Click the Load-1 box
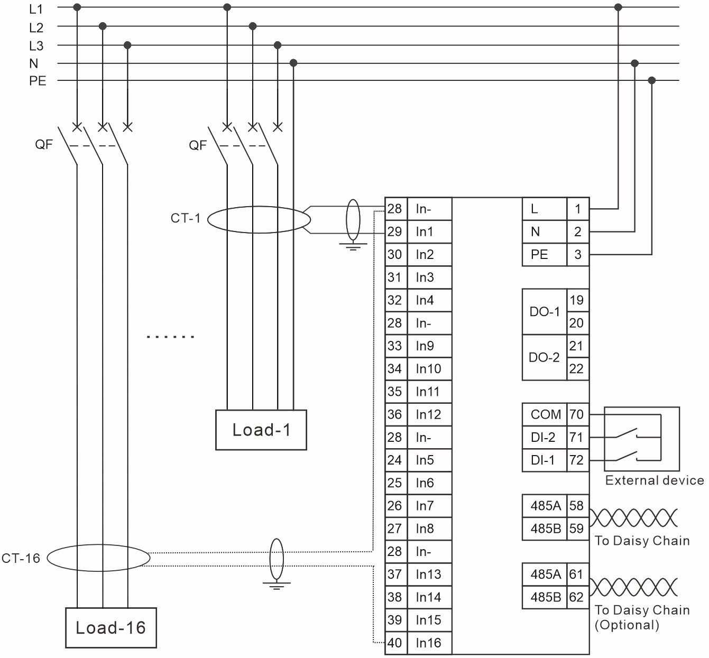261,430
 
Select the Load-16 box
111,627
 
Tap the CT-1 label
186,218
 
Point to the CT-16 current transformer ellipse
99,558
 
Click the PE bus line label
38,81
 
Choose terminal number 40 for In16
394,643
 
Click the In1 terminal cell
429,231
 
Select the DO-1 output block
545,311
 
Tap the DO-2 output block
545,357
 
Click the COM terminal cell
545,414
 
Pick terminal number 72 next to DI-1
577,460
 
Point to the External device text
654,480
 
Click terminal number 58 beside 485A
577,506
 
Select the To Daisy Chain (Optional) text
642,617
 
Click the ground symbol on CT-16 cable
277,584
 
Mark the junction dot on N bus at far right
635,63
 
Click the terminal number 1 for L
577,209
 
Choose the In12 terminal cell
429,414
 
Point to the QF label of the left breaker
44,144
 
